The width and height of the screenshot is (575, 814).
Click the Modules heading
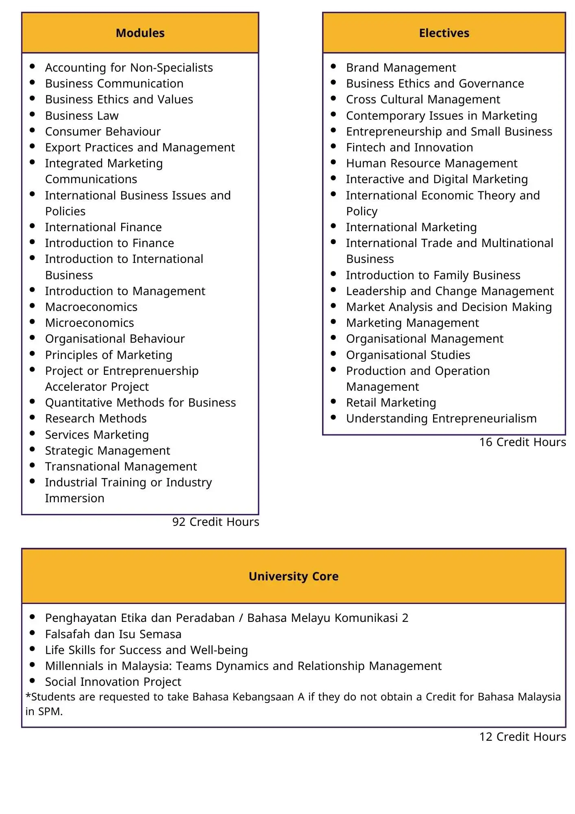click(140, 33)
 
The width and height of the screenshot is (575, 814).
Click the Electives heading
click(444, 33)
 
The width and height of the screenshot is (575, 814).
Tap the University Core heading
click(293, 576)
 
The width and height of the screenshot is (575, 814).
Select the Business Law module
click(82, 116)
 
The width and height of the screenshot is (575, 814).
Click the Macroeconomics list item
click(91, 307)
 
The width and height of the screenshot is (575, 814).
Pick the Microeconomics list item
click(89, 323)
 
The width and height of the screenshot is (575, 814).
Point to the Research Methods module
click(96, 418)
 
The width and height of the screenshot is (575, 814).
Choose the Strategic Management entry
click(107, 451)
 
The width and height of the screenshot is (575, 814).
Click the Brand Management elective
click(401, 68)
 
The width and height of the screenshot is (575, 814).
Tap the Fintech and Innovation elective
click(409, 147)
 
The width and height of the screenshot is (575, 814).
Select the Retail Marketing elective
click(391, 403)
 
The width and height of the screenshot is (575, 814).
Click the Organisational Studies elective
click(408, 355)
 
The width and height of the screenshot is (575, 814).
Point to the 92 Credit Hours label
click(216, 522)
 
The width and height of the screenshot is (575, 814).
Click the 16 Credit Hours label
click(522, 442)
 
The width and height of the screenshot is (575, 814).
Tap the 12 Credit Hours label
click(522, 737)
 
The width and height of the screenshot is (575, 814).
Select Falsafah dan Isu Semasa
click(113, 634)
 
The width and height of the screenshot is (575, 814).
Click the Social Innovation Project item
click(113, 682)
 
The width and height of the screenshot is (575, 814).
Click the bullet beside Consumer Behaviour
click(33, 130)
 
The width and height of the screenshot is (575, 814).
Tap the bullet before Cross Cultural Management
click(333, 98)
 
